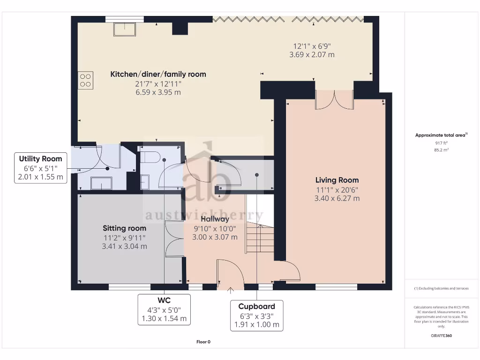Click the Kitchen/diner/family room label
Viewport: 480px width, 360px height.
(158, 74)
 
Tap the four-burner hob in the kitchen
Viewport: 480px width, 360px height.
(85, 80)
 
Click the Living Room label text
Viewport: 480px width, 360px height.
(337, 180)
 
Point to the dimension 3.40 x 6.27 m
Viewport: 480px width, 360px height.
(337, 198)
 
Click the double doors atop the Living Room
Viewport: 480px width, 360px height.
(334, 99)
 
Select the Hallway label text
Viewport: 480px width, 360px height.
(215, 219)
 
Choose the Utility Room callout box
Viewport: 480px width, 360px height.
(40, 168)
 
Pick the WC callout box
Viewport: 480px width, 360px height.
(164, 309)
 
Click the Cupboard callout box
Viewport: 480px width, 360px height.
(256, 315)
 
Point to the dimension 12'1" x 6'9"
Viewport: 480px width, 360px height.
(312, 46)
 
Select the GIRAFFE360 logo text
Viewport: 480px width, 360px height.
(441, 336)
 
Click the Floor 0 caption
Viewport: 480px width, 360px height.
(203, 342)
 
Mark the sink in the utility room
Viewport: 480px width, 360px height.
(101, 183)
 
